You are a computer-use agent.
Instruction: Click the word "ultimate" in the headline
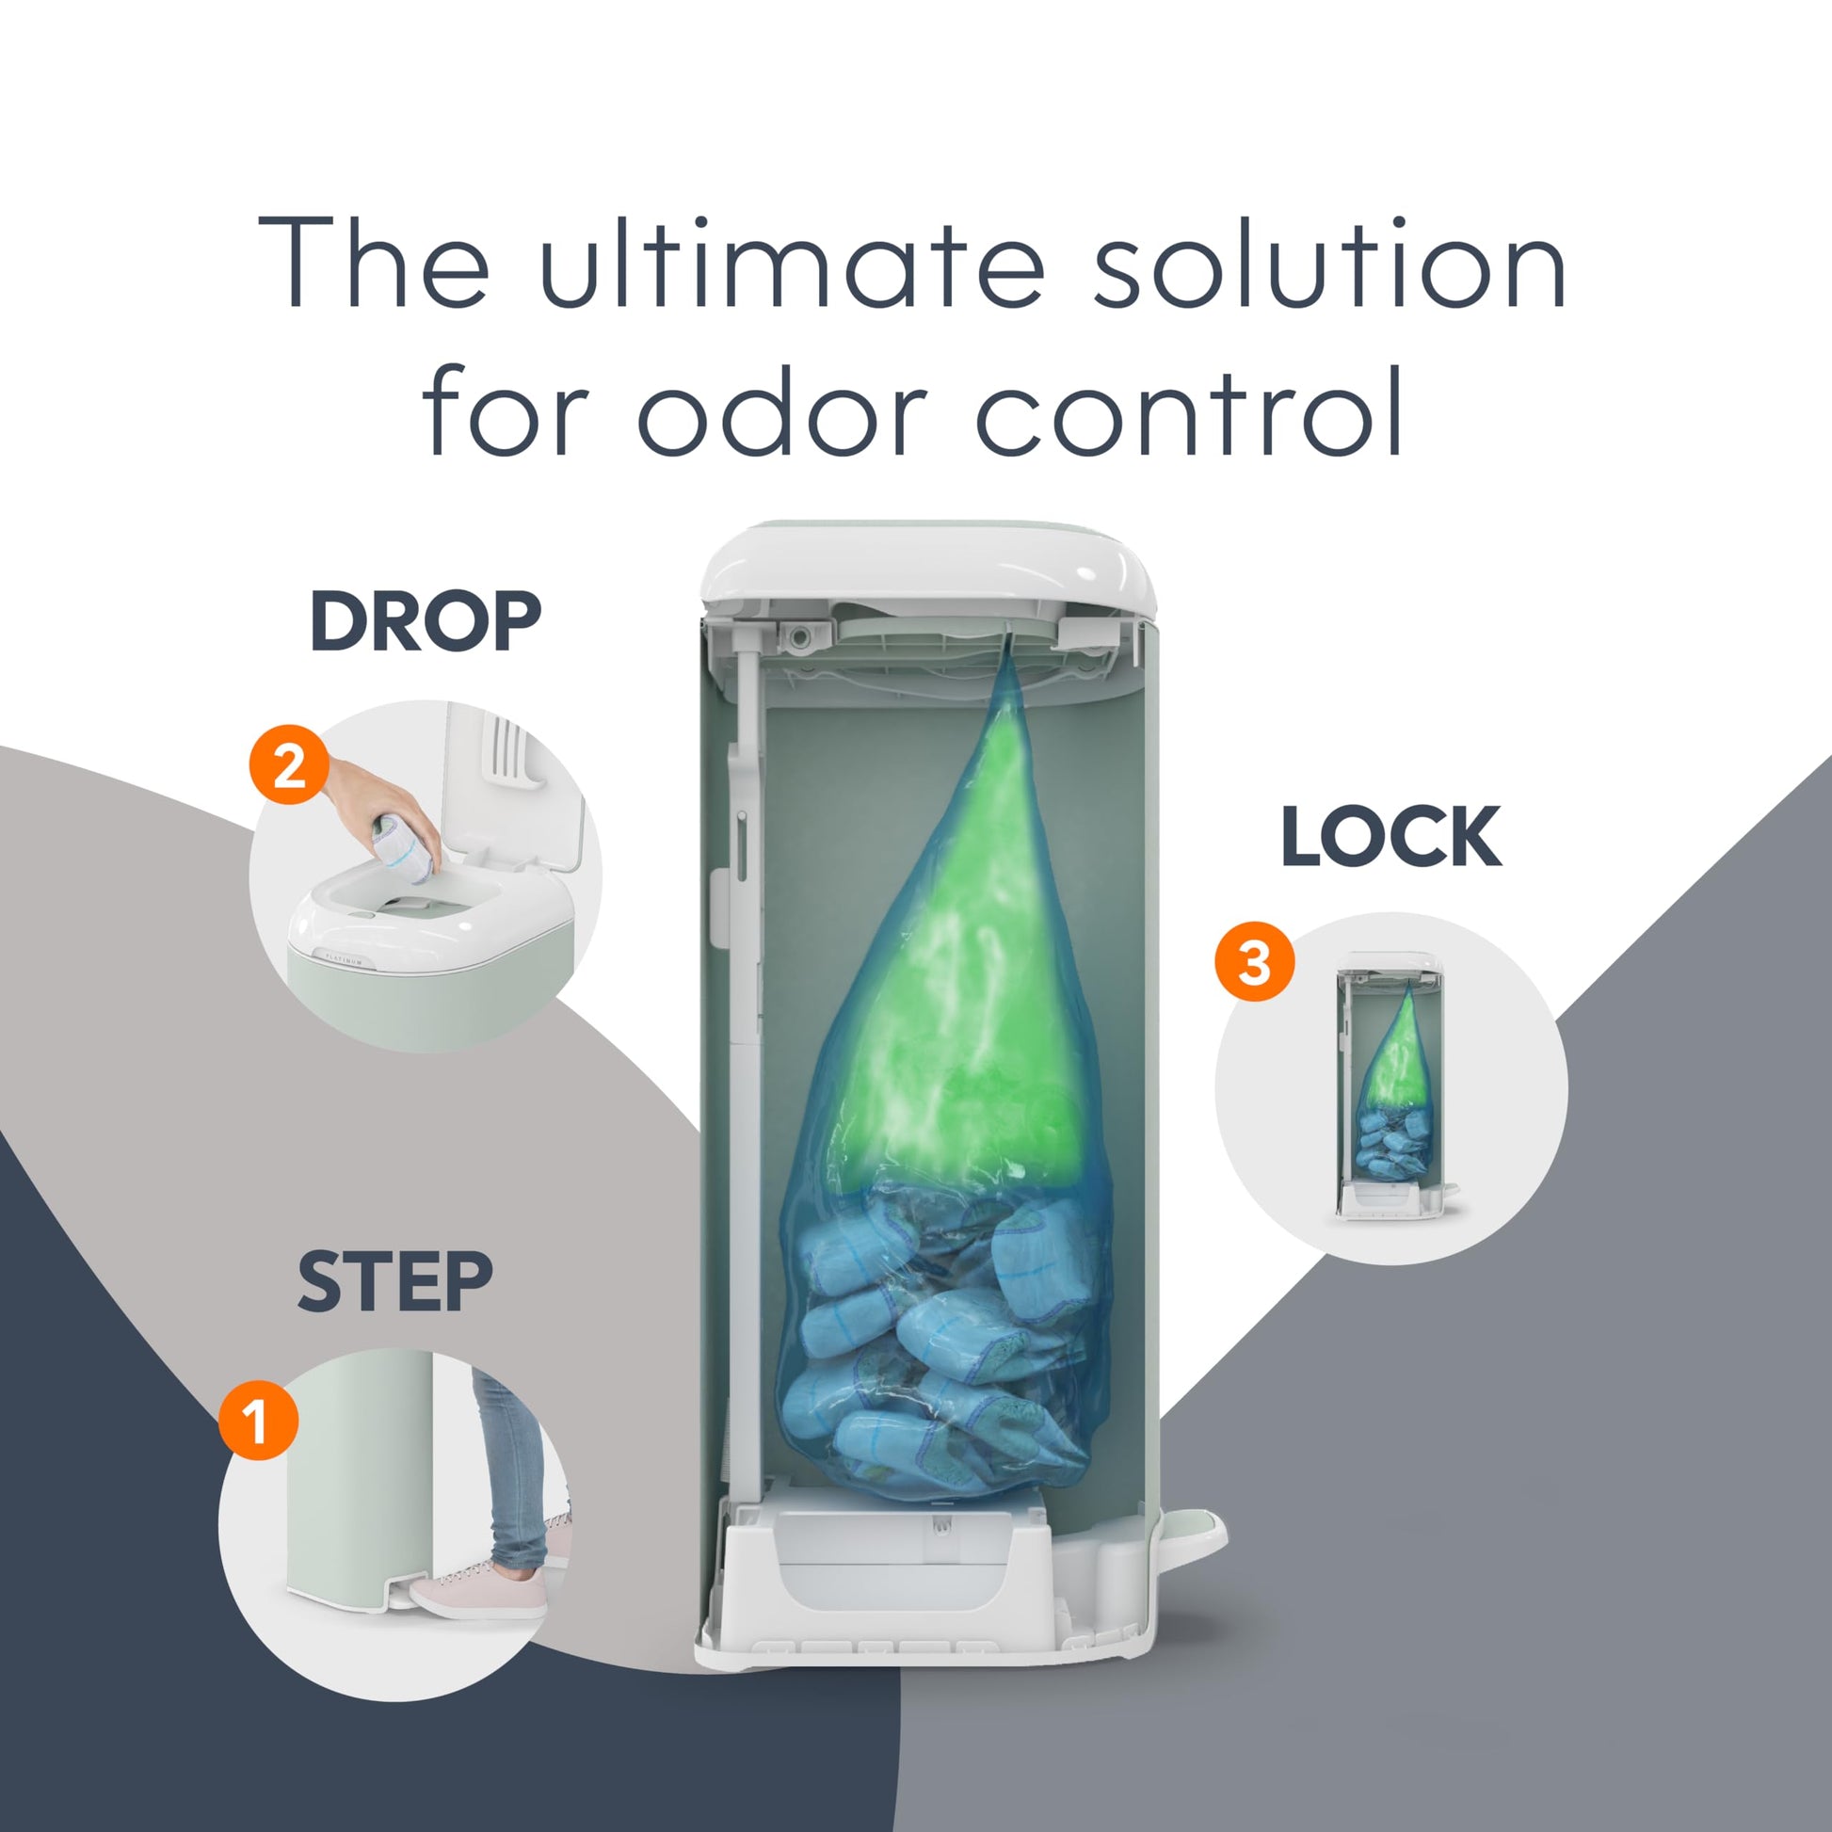[x=792, y=263]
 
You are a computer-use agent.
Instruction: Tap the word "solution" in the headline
[x=1329, y=263]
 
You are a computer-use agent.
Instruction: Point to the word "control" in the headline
[x=1190, y=410]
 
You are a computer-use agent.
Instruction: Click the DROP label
[x=426, y=621]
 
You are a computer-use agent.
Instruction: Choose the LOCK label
[x=1391, y=836]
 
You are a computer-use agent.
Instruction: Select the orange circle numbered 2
[x=289, y=765]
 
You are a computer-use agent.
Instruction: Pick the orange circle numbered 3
[x=1255, y=962]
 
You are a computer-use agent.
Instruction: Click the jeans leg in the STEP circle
[x=512, y=1470]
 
